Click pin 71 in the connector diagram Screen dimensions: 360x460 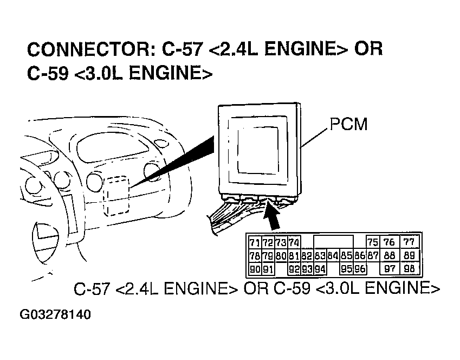pyautogui.click(x=254, y=242)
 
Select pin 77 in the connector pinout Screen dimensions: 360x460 pyautogui.click(x=409, y=242)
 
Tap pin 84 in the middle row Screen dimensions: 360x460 pyautogui.click(x=333, y=255)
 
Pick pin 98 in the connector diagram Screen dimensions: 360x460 pyautogui.click(x=409, y=268)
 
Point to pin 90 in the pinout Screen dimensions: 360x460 pyautogui.click(x=254, y=268)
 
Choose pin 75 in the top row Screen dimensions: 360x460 pyautogui.click(x=372, y=242)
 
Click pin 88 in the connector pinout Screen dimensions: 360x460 pyautogui.click(x=389, y=255)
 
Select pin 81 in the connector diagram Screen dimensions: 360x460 pyautogui.click(x=294, y=255)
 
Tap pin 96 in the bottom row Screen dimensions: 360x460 pyautogui.click(x=359, y=268)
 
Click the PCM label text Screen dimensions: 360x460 pyautogui.click(x=347, y=124)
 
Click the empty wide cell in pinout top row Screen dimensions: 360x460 pyautogui.click(x=333, y=242)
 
